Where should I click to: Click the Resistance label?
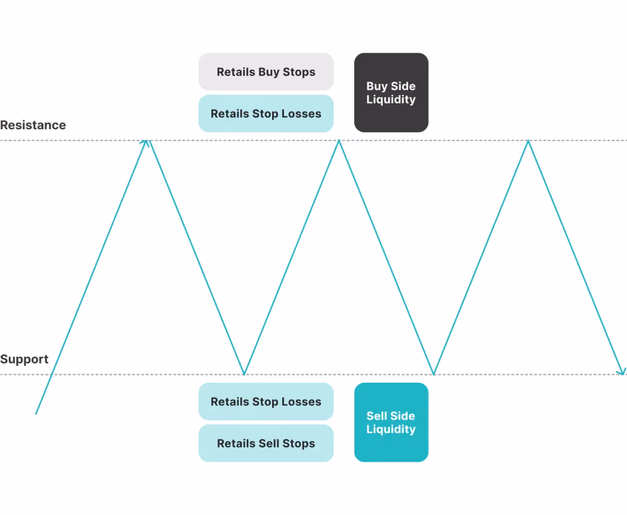coord(33,125)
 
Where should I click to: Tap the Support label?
coord(24,359)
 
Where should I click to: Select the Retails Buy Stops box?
coord(266,72)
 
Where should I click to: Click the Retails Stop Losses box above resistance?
coord(266,114)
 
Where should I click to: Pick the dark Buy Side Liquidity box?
coord(391,92)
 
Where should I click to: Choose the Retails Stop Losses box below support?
coord(266,401)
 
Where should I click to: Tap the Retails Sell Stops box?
coord(266,443)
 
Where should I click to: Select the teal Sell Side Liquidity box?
coord(391,422)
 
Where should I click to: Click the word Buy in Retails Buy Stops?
coord(269,72)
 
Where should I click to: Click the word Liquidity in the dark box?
coord(391,100)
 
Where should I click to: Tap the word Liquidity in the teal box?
coord(391,429)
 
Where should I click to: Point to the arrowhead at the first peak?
coord(146,142)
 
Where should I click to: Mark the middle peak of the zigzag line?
coord(339,141)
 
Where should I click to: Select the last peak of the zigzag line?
coord(528,141)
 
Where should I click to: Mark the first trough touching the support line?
coord(244,374)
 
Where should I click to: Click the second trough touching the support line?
coord(433,374)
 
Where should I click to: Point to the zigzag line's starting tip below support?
coord(36,414)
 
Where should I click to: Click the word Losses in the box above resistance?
coord(301,114)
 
